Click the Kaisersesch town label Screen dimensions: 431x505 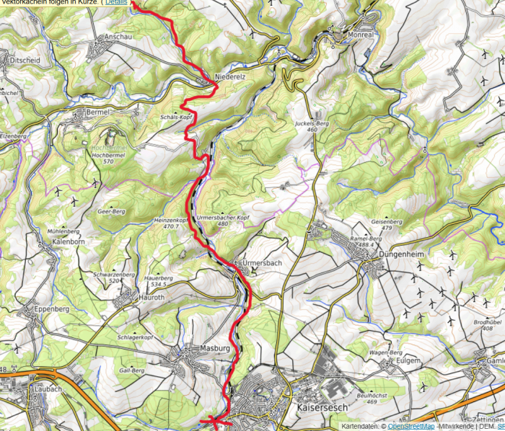click(x=322, y=407)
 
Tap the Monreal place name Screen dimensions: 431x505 click(x=361, y=34)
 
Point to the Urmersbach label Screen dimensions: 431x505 click(x=263, y=263)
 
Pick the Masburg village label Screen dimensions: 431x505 click(x=213, y=348)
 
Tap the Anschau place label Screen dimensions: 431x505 click(x=119, y=36)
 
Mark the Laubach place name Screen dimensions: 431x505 click(x=48, y=388)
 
